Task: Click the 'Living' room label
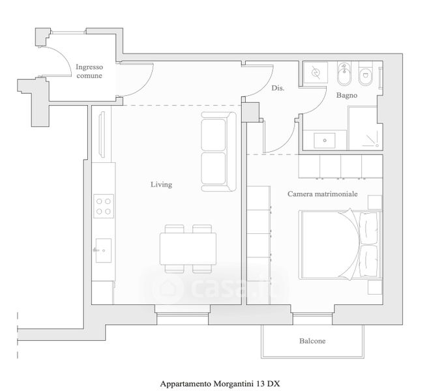coord(161,184)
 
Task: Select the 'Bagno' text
coord(346,96)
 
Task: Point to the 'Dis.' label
coord(278,88)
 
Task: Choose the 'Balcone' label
coord(312,341)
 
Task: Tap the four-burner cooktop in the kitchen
coord(103,206)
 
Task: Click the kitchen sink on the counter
coord(102,250)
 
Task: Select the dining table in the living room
coord(188,248)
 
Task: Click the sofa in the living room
coord(218,152)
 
